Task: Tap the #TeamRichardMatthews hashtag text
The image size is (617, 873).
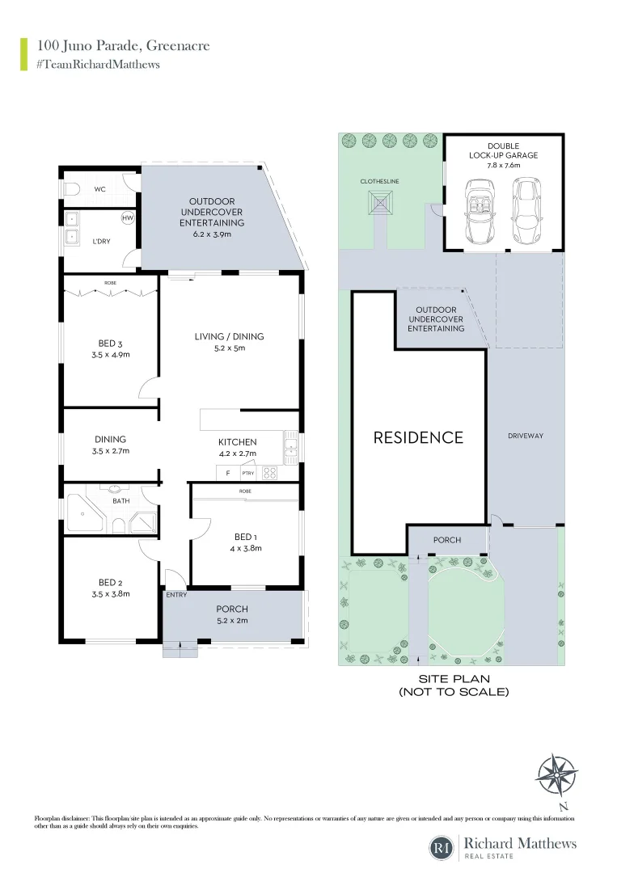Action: [x=98, y=65]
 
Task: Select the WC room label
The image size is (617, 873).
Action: [x=100, y=189]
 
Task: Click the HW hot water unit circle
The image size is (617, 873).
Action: [x=128, y=219]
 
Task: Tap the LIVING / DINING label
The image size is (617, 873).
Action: [x=229, y=336]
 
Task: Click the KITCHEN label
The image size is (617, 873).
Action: [x=238, y=442]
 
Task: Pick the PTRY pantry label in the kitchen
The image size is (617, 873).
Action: [x=247, y=473]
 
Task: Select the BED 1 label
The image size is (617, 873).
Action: [x=244, y=537]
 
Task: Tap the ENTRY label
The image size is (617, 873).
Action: [x=175, y=595]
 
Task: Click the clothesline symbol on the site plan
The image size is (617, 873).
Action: [x=381, y=204]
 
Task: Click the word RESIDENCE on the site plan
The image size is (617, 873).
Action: [x=418, y=437]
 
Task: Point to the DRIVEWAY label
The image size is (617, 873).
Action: [x=526, y=436]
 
